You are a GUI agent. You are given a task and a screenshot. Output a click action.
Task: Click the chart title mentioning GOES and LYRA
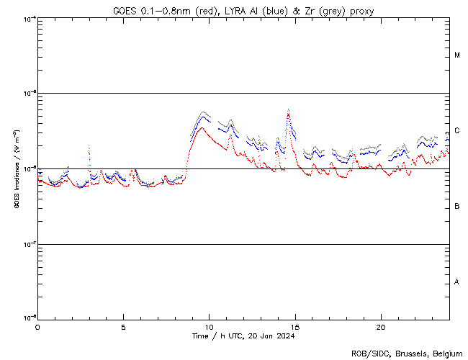point(243,11)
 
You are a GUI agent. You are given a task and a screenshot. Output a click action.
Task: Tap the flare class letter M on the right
point(458,55)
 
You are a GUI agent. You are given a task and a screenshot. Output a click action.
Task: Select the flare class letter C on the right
point(458,131)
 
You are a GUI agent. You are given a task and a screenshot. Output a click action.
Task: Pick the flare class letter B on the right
point(458,207)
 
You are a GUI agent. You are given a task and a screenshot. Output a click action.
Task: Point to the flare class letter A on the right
point(458,282)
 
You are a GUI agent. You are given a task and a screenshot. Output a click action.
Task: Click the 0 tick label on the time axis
point(37,326)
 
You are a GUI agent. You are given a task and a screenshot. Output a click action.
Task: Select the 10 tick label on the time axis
point(209,326)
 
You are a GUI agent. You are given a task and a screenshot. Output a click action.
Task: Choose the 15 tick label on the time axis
point(294,326)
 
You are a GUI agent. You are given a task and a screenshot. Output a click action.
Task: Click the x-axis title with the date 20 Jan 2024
point(243,336)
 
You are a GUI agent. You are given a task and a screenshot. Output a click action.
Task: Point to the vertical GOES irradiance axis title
point(15,168)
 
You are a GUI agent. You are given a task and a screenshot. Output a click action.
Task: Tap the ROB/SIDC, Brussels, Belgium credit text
point(407,353)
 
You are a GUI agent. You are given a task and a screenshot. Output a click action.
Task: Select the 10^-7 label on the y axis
point(29,244)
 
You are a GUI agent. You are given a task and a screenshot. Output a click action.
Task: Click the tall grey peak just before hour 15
point(289,110)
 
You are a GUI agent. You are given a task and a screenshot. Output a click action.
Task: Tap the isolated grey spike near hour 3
point(89,146)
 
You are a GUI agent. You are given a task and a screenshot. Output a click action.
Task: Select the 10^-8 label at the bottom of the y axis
point(29,318)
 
